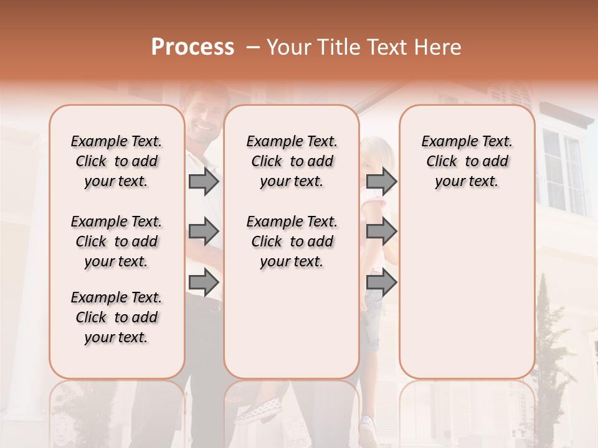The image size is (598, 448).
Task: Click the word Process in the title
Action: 192,47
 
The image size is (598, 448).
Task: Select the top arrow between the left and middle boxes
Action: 204,182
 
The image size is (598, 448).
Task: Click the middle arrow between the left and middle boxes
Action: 204,232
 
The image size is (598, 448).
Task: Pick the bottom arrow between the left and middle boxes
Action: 204,283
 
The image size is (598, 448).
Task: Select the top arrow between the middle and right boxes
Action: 381,182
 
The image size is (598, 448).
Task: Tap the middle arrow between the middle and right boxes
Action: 381,232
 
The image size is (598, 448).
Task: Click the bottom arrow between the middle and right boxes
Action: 381,283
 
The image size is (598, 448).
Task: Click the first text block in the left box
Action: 116,161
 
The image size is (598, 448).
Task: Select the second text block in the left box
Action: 116,241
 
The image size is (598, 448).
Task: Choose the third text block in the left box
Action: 116,317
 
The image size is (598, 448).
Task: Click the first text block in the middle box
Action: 292,161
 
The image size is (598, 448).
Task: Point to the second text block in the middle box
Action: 292,241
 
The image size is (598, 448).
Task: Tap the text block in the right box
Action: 467,161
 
